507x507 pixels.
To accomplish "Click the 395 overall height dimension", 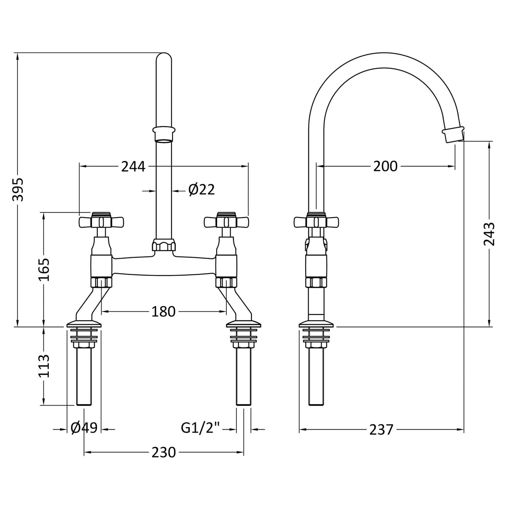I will click(x=18, y=190).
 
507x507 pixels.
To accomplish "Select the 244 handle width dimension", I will click(x=133, y=167).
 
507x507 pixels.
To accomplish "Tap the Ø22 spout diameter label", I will click(x=201, y=190).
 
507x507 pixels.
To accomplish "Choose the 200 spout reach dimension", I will click(x=385, y=167).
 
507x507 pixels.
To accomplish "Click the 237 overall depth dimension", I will click(x=381, y=429).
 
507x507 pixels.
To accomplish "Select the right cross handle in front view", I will click(x=226, y=221).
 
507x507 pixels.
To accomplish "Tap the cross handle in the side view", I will click(x=315, y=221).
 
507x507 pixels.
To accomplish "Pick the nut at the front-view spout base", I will click(x=163, y=245).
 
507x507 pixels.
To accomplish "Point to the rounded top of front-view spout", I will click(x=163, y=58).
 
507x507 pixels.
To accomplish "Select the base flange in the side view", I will click(x=316, y=324).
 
